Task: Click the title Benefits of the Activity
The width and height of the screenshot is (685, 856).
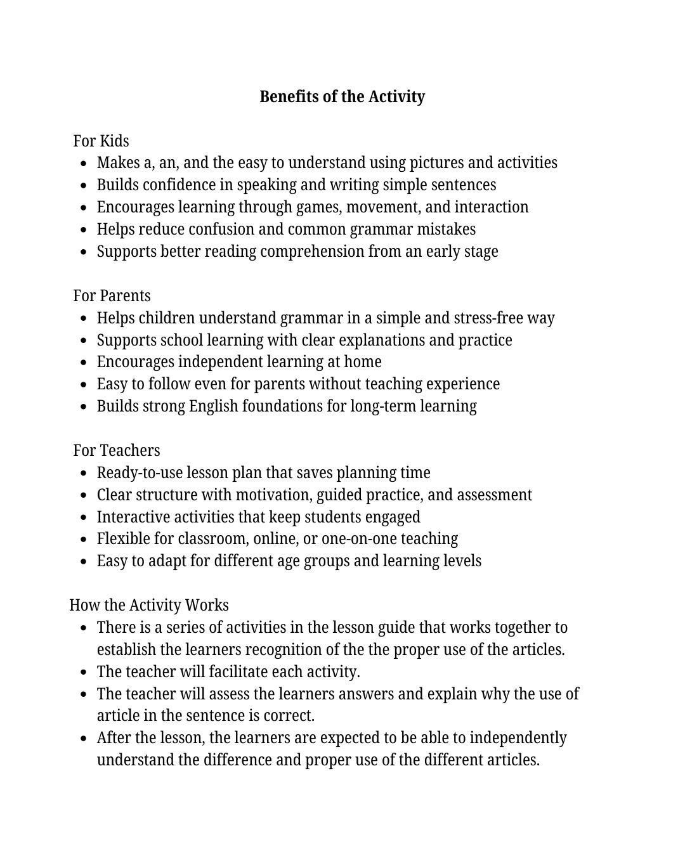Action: coord(342,96)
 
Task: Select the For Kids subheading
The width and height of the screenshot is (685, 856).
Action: coord(101,141)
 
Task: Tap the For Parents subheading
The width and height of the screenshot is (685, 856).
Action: coord(112,295)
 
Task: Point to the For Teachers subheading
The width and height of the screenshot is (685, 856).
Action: coord(117,450)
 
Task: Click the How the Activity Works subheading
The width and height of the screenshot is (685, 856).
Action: coord(149,605)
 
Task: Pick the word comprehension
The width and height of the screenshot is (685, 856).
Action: coord(312,252)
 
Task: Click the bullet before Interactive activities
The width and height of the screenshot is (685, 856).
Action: coord(84,517)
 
